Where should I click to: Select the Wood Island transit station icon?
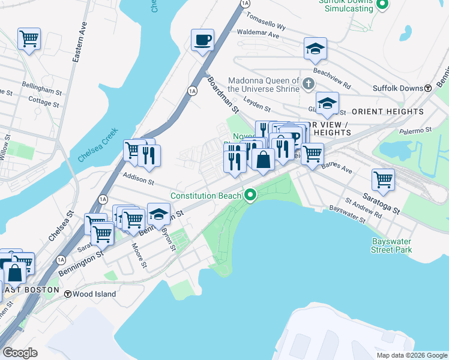coord(68,295)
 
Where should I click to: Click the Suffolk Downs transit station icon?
coord(428,88)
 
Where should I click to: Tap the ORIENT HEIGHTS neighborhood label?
coord(388,112)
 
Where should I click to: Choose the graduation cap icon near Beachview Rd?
coord(315,50)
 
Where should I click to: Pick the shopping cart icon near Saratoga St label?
coord(382,179)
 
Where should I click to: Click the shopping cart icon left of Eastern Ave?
coord(29,40)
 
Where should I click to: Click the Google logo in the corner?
coord(20,352)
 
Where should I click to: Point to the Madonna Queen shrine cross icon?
coord(309,83)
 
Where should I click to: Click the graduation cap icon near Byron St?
coord(158,214)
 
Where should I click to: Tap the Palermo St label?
coord(417,130)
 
